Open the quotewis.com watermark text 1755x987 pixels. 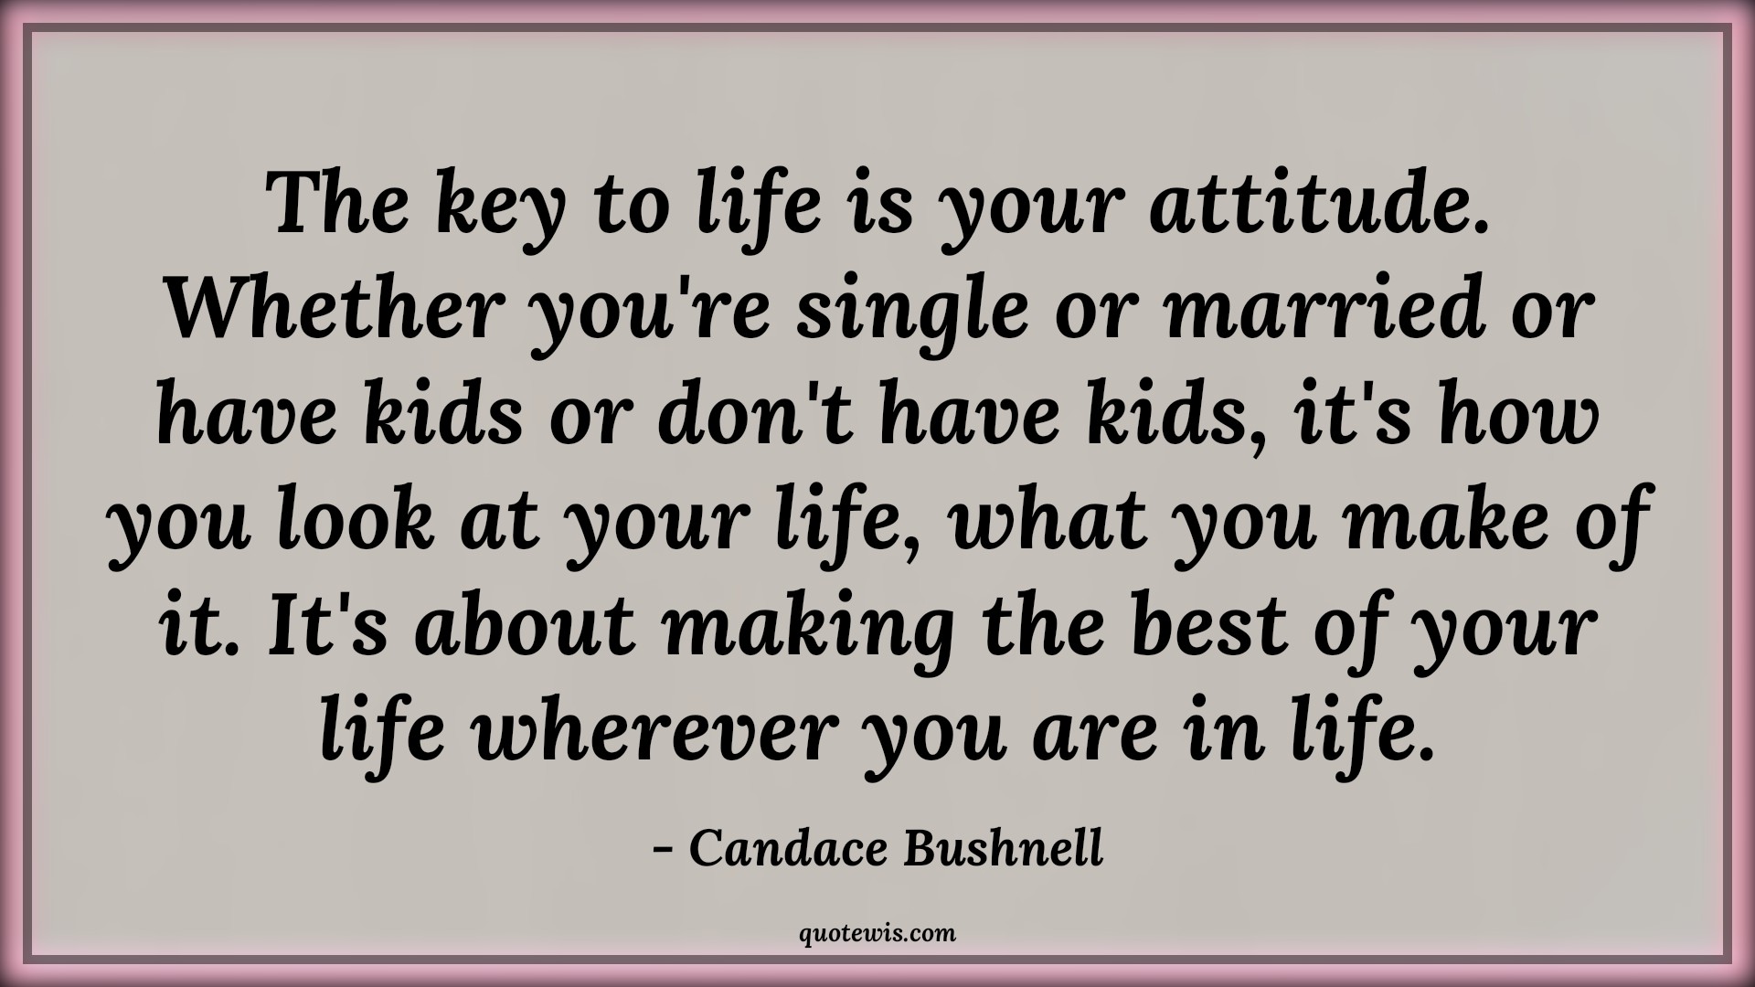pos(877,934)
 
